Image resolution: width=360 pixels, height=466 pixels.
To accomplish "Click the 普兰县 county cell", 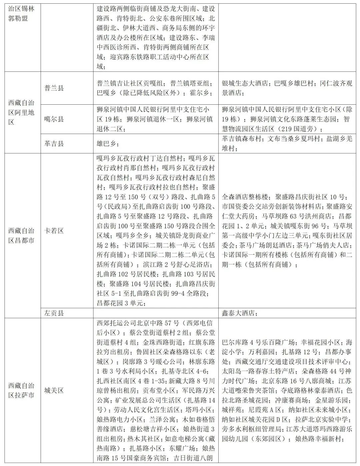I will point(54,88).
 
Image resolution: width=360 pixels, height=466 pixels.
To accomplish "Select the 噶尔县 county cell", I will point(54,119).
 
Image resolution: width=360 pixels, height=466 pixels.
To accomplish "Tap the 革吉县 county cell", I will point(54,144).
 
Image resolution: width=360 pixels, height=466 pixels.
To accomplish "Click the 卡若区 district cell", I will point(54,231).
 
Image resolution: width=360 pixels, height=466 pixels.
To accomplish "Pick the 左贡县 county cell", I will point(54,313).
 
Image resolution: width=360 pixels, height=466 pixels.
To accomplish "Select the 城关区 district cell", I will point(54,391).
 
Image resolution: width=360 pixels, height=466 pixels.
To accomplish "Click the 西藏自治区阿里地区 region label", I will point(21,112).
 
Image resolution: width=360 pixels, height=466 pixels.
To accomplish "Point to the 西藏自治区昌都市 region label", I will point(21,235).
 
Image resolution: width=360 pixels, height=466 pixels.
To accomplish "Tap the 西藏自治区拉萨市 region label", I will point(21,391).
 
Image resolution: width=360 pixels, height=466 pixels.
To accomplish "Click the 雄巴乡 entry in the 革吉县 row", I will point(106,144).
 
